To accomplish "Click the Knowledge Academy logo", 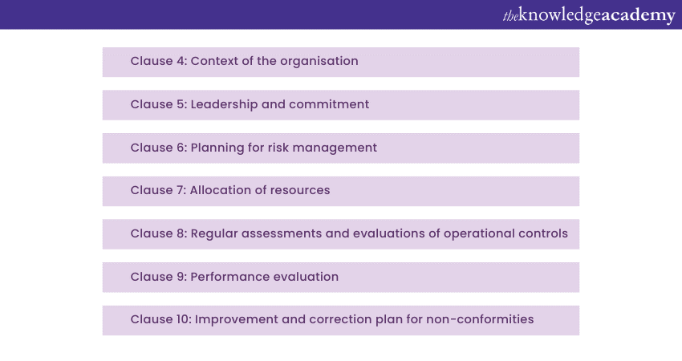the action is tap(589, 16).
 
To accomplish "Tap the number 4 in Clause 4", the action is tap(181, 61).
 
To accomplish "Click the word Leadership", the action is tap(224, 105).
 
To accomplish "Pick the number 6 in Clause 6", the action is tap(181, 148).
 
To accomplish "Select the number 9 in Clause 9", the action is tap(181, 277).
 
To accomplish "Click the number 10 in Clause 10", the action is tap(184, 319).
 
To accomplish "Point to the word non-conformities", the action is tap(480, 319).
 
